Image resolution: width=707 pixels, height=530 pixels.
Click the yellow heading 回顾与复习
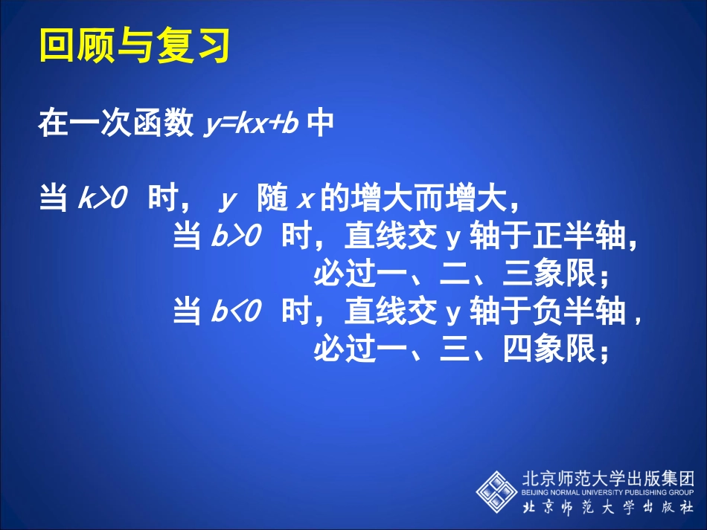(133, 46)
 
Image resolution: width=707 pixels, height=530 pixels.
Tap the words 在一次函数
(115, 124)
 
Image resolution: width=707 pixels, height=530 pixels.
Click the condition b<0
(237, 313)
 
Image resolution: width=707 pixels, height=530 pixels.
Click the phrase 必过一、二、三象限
(461, 276)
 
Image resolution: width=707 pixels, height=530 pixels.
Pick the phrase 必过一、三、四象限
(461, 349)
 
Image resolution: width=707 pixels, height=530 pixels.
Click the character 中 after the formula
(320, 124)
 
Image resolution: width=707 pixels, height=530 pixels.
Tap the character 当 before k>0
(54, 199)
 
